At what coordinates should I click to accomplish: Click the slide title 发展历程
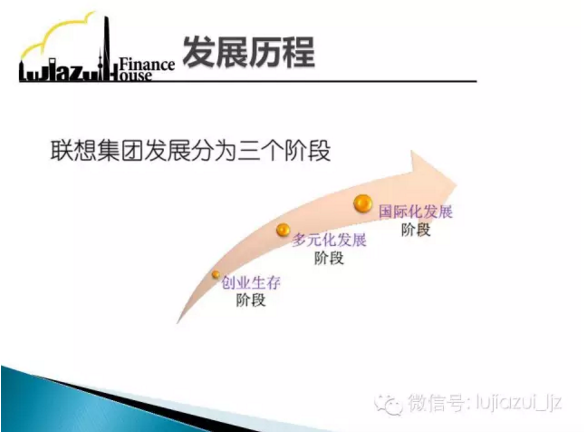tap(249, 52)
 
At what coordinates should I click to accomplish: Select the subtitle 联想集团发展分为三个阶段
tap(190, 151)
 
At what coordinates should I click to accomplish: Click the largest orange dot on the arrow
tap(363, 203)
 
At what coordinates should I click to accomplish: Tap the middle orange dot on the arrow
tap(283, 230)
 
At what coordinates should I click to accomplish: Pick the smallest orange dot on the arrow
tap(216, 275)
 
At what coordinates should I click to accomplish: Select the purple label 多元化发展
tap(329, 240)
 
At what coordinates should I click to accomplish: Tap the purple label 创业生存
tap(251, 282)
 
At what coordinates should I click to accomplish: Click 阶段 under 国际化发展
tap(416, 230)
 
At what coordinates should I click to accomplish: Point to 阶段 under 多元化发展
tap(329, 258)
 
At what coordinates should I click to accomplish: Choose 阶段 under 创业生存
tap(251, 300)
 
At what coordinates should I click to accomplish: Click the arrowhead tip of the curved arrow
tap(457, 185)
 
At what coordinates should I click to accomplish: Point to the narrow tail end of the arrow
tap(178, 323)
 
